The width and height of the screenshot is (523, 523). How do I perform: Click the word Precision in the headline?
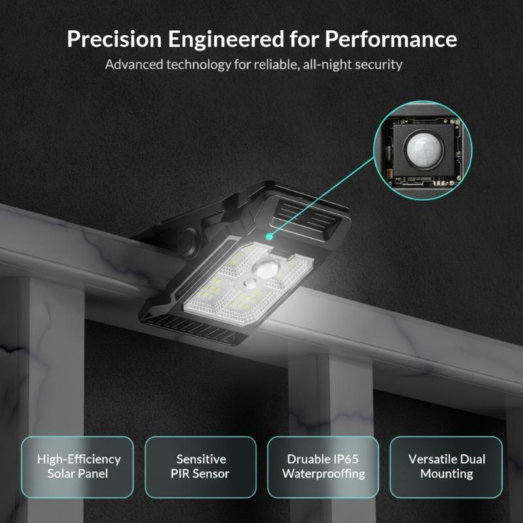(114, 39)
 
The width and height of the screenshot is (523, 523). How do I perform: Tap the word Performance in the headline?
(391, 39)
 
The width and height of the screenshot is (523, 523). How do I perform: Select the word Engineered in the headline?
(226, 40)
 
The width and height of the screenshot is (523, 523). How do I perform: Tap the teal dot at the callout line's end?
(269, 237)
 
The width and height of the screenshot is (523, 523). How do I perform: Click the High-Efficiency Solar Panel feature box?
(77, 467)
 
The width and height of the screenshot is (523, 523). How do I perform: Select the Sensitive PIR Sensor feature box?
(201, 467)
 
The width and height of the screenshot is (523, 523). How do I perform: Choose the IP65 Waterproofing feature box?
(323, 467)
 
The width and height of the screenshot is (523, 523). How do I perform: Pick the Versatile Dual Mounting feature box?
(447, 467)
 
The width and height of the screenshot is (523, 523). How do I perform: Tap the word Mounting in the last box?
(447, 474)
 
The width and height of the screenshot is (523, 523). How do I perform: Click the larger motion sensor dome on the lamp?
(268, 268)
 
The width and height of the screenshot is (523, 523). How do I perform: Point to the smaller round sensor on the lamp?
(250, 284)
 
